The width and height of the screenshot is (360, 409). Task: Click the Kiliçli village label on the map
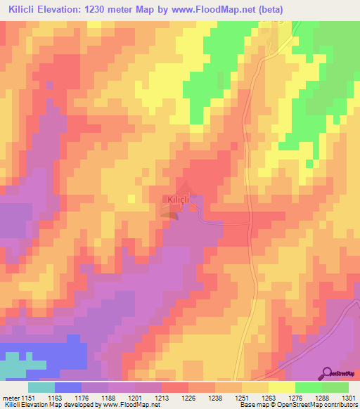pos(178,200)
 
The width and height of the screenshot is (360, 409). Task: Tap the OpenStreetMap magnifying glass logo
pos(326,373)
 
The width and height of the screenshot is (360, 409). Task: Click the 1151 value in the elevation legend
pos(29,397)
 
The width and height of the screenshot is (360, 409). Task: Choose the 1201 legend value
pos(135,397)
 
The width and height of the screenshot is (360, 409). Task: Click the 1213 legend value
pos(162,397)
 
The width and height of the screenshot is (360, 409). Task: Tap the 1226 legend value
pos(188,397)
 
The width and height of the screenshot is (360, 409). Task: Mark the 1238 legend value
pos(215,397)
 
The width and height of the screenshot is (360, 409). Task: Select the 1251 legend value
pos(242,397)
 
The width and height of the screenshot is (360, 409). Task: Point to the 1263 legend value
pos(269,397)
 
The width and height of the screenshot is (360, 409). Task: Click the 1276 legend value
pos(295,397)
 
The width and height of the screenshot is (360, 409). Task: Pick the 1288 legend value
pos(322,397)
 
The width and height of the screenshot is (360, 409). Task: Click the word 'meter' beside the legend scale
pos(10,397)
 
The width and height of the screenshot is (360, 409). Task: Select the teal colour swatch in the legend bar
pos(41,387)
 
